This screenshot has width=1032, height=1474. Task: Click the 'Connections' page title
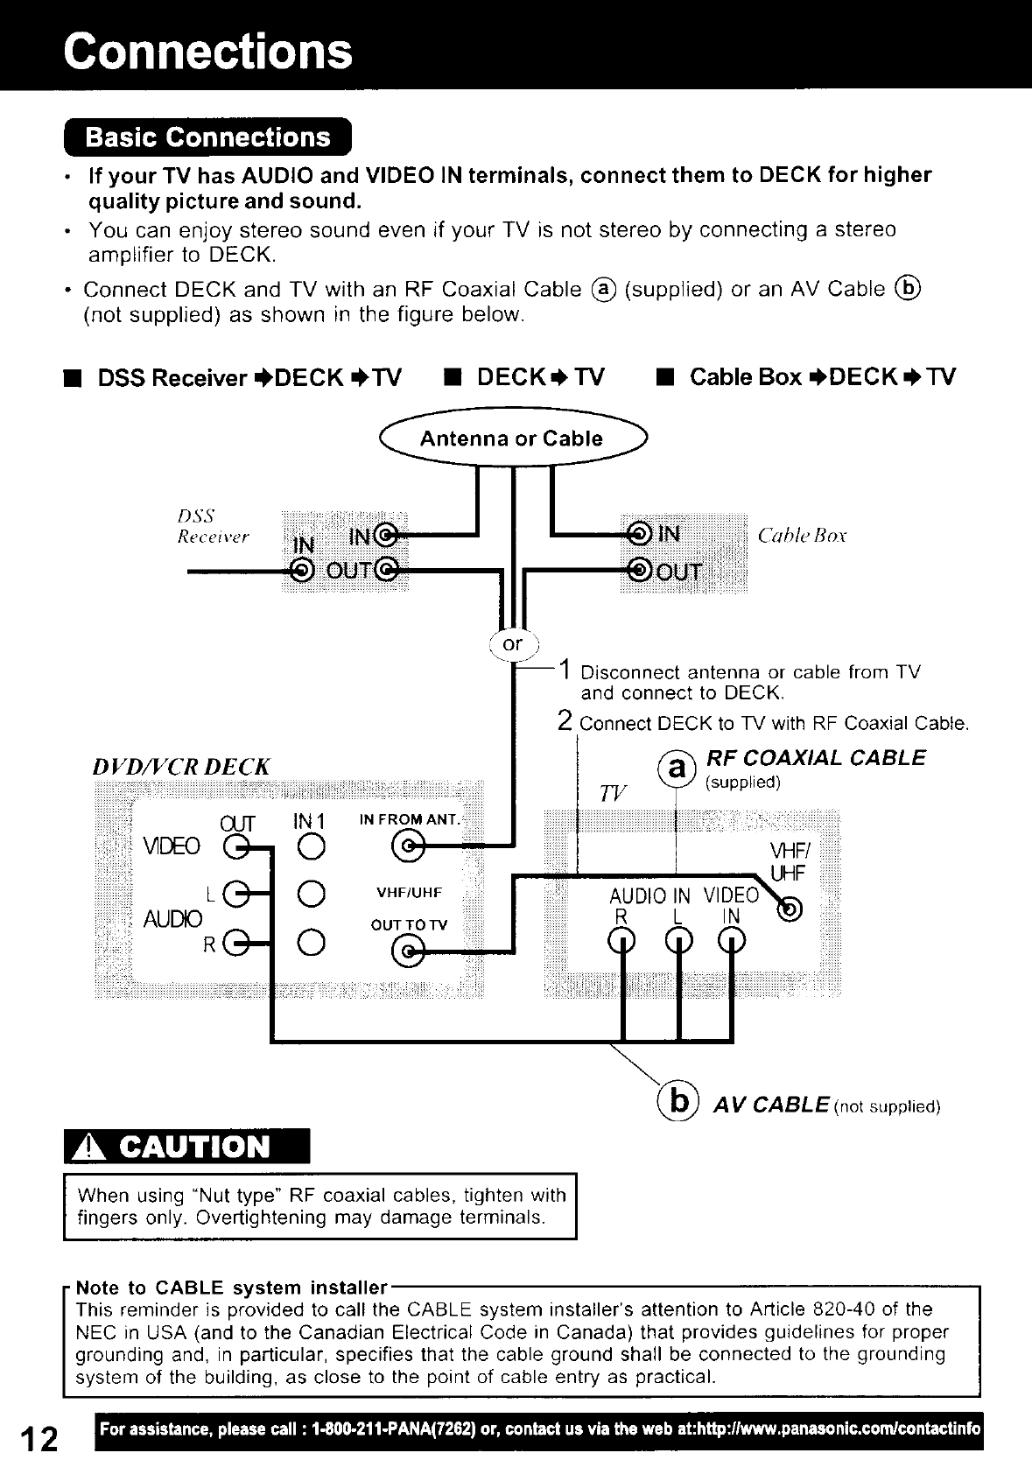(x=207, y=50)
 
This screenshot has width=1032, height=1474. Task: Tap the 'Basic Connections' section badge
(x=207, y=138)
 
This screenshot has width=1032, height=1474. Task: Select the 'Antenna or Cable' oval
(x=511, y=439)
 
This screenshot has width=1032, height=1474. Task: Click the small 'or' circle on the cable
(x=512, y=644)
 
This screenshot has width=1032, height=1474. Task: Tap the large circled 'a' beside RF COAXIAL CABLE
(x=677, y=768)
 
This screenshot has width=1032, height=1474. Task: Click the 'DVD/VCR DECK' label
(x=181, y=767)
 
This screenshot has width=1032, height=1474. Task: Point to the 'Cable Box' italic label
(x=802, y=536)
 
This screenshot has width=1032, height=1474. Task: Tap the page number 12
(x=38, y=1439)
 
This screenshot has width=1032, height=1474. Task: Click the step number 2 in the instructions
(x=565, y=721)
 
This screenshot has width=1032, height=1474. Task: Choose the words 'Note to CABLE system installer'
(x=231, y=1288)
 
